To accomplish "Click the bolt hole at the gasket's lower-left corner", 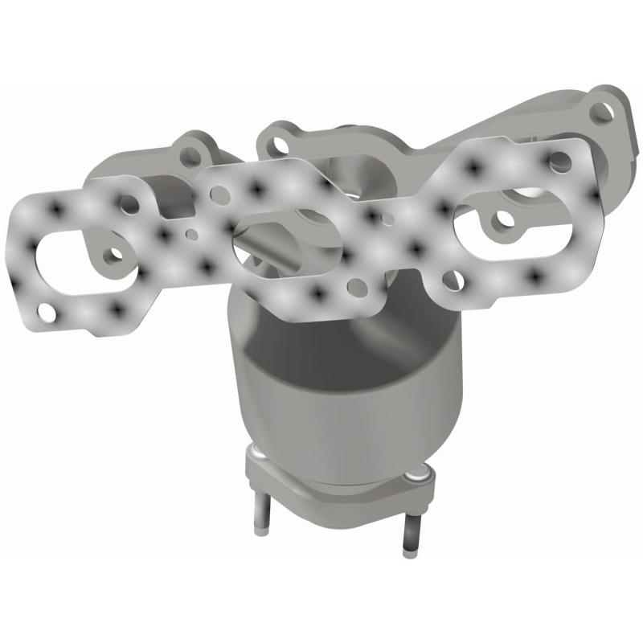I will tap(49, 309).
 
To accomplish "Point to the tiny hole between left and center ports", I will tap(191, 235).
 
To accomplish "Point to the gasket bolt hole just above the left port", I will tap(129, 202).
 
